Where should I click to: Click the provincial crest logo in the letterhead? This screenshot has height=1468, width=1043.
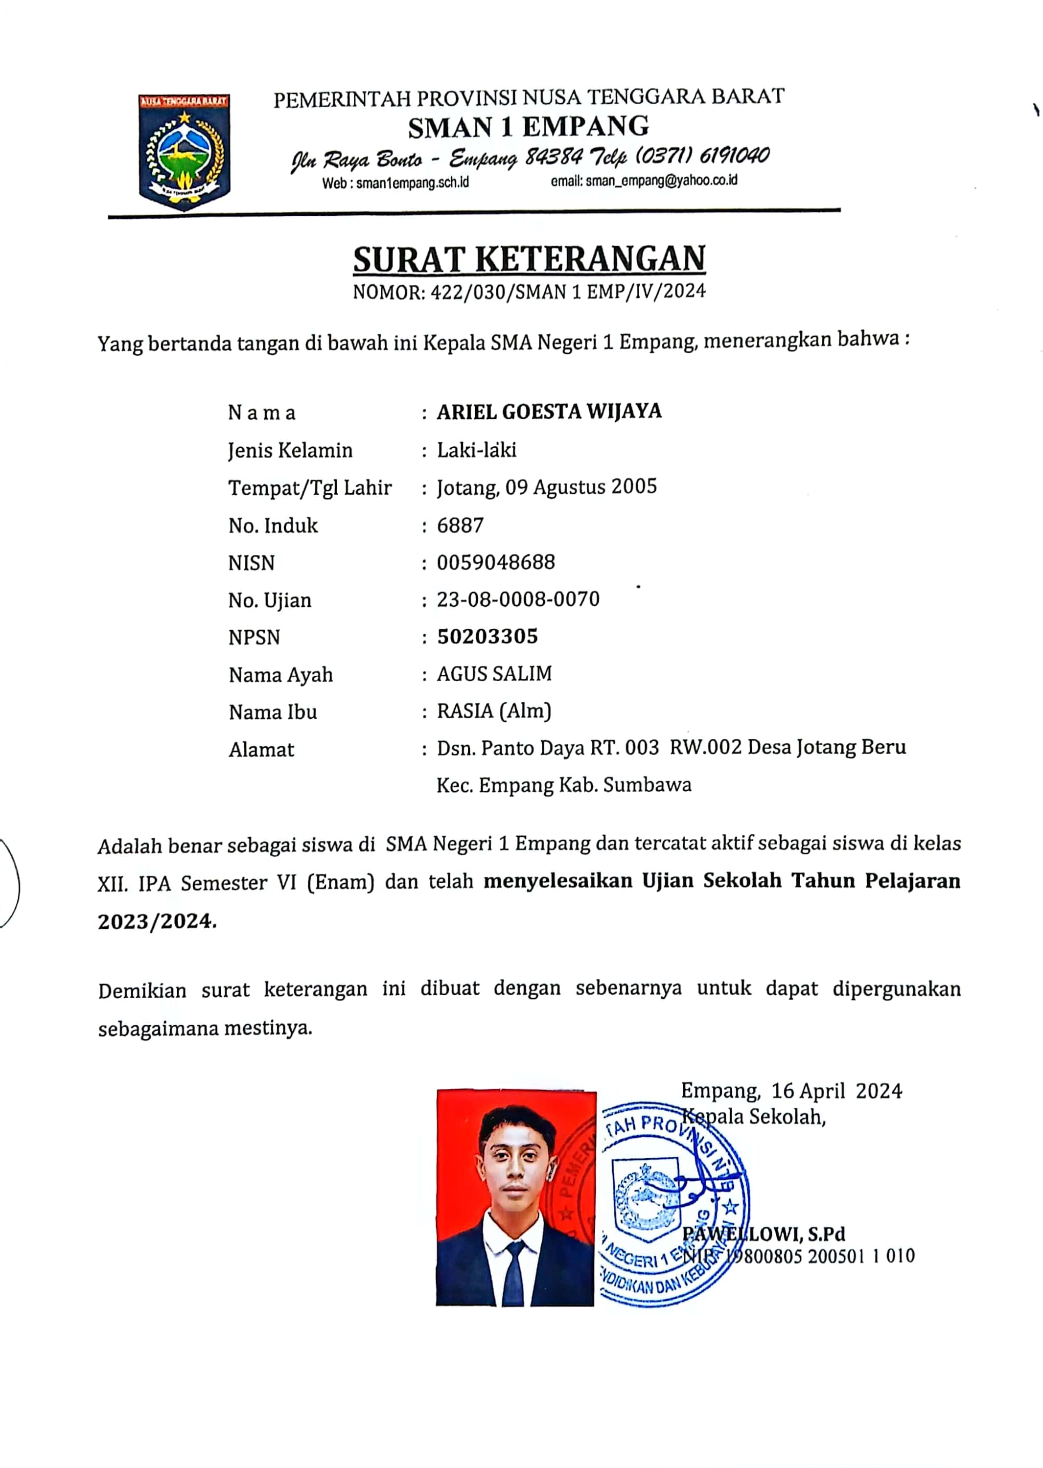pos(185,152)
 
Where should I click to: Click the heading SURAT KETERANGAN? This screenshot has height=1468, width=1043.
pos(529,259)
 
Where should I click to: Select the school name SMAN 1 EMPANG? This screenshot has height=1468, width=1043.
pos(529,127)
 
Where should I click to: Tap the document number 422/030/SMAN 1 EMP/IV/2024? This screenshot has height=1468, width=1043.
pos(568,292)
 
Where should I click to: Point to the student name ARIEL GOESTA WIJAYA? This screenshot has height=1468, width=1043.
pos(549,412)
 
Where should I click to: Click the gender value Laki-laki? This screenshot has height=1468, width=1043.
pos(477,450)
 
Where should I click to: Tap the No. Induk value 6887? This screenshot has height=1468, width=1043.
pos(460,525)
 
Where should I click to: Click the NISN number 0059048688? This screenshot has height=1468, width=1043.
pos(496,563)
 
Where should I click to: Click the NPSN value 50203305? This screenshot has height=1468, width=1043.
pos(487,637)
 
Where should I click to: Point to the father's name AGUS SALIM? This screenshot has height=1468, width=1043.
pos(494,674)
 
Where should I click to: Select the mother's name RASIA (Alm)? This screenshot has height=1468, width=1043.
pos(494,711)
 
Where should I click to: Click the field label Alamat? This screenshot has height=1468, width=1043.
pos(261,749)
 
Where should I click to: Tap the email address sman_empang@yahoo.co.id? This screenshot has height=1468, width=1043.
pos(661,181)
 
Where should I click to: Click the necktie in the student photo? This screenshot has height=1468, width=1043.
pos(513,1274)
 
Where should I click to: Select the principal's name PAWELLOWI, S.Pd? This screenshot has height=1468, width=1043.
pos(764,1234)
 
